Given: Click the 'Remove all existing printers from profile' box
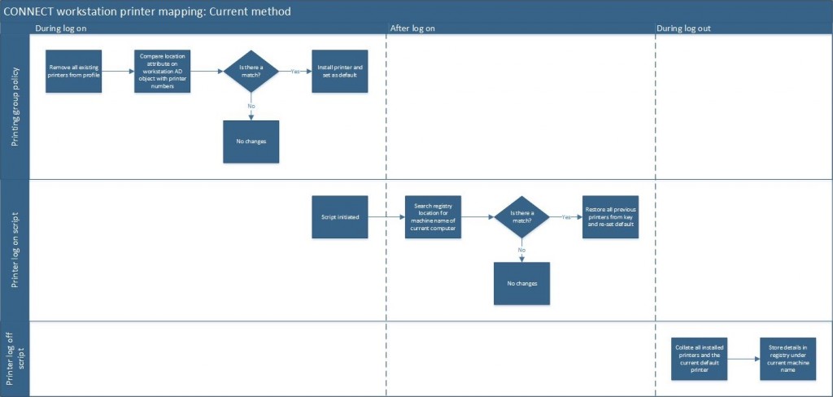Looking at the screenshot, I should (x=74, y=71).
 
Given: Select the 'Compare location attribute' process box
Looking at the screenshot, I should (x=163, y=71).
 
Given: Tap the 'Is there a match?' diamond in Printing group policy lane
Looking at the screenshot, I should (x=251, y=71).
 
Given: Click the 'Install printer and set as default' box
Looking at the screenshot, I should (x=339, y=71).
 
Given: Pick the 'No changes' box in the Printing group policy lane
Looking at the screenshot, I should (x=251, y=142).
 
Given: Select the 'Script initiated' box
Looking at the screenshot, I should (x=339, y=217).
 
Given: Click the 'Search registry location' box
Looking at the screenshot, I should (x=434, y=217).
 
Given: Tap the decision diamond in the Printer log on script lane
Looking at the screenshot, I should (x=521, y=217).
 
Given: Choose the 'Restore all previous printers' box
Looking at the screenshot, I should (x=610, y=217).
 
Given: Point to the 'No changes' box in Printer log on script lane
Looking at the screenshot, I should (x=521, y=283).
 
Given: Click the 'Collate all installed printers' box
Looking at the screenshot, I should (x=699, y=359).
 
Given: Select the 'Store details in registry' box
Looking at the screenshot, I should (x=787, y=359).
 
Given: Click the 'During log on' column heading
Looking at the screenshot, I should (x=61, y=28).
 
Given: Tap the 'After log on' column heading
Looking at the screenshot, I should (x=412, y=28).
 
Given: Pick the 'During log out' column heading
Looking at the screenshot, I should (x=684, y=28).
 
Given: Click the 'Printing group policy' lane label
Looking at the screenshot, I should (x=15, y=107).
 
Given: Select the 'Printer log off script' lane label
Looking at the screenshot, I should (x=15, y=358).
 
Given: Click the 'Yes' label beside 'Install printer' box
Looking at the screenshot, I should (x=296, y=72).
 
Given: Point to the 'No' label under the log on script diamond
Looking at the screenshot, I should (x=521, y=250).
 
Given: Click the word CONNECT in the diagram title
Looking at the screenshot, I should (x=30, y=12).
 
